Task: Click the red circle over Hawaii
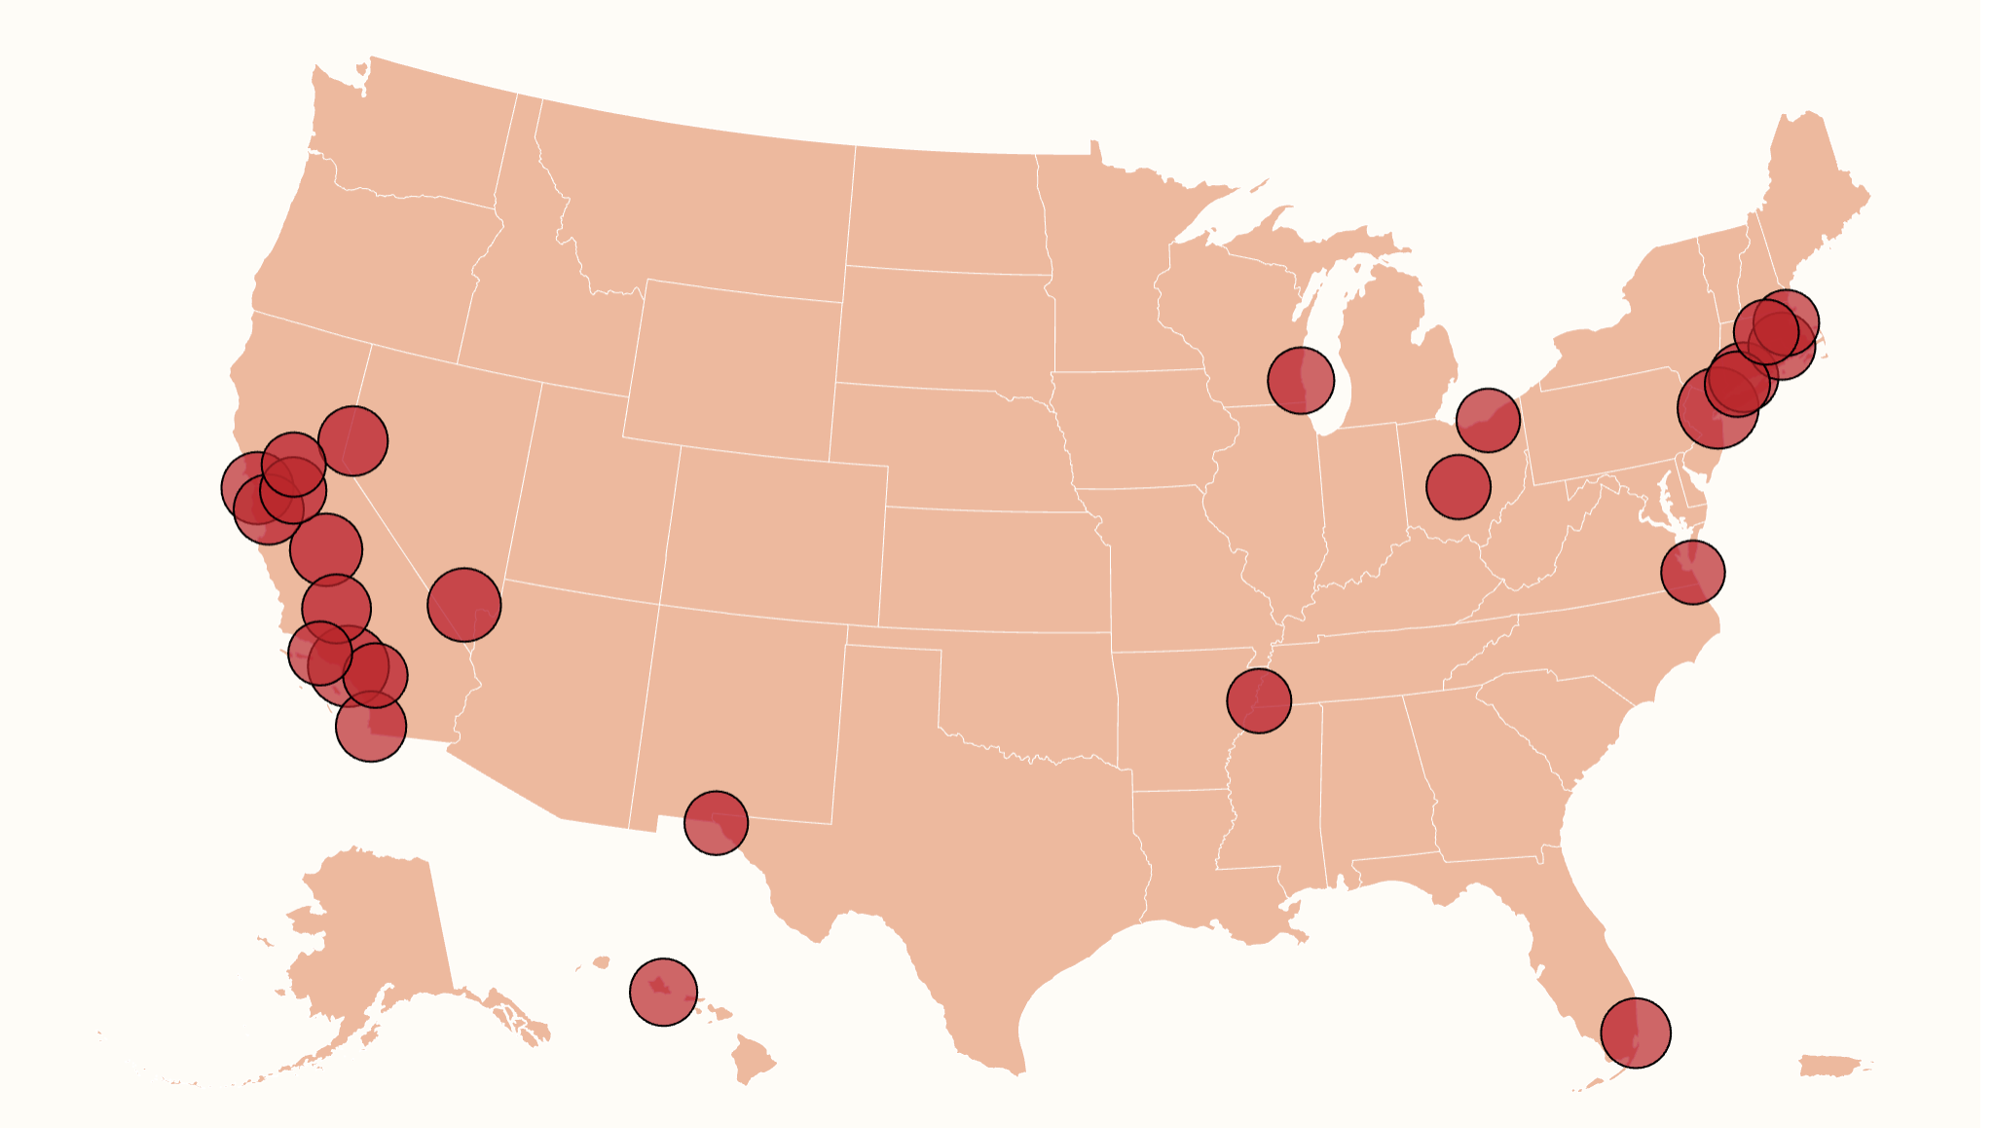click(x=663, y=992)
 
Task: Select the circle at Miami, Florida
click(x=1635, y=1033)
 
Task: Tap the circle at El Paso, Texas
click(x=716, y=822)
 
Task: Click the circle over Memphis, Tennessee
click(x=1258, y=699)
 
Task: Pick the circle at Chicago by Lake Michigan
click(x=1300, y=380)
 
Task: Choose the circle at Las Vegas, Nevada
click(x=463, y=604)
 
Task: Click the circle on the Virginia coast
click(x=1692, y=572)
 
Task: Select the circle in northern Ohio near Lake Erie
click(x=1487, y=419)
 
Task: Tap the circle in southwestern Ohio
click(x=1458, y=486)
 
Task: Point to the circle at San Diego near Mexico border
click(x=370, y=726)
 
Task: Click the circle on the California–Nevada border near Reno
click(x=352, y=440)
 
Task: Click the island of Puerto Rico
click(x=1833, y=1065)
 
